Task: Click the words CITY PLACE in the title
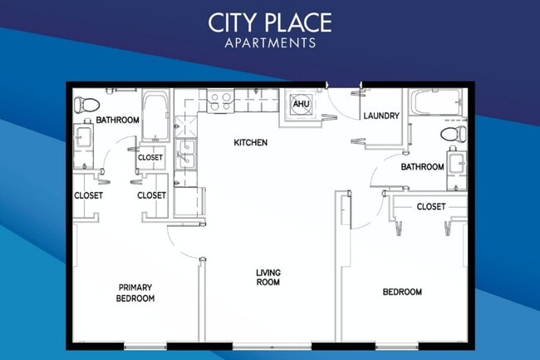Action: [269, 22]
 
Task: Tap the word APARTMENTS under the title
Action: [269, 42]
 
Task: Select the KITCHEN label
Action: [250, 143]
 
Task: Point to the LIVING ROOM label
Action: [268, 277]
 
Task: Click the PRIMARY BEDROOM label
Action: [135, 293]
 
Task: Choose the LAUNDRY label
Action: [381, 116]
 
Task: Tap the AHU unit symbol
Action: [299, 105]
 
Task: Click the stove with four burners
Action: [220, 101]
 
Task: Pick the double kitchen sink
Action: [186, 155]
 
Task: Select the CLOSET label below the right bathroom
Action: [430, 206]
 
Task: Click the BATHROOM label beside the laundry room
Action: [422, 167]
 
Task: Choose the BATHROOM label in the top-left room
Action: [117, 121]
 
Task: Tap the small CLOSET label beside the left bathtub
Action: [150, 157]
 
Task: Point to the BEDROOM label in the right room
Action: [402, 292]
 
